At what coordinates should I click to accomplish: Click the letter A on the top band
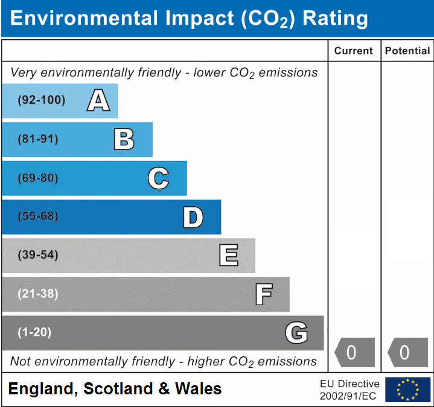[98, 101]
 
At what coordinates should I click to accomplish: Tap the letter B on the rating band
[124, 139]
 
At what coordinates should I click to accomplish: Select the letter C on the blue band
[158, 178]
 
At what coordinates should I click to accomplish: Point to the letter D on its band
[193, 217]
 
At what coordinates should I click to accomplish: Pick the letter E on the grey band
[228, 256]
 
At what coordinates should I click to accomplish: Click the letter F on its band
[263, 294]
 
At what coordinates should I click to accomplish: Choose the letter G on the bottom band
[296, 333]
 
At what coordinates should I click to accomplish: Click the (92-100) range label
[41, 101]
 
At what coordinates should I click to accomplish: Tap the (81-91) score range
[37, 139]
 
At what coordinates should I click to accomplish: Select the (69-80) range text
[37, 178]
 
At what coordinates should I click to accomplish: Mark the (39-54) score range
[37, 256]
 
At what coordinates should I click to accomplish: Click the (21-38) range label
[37, 294]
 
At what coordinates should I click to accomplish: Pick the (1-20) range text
[34, 333]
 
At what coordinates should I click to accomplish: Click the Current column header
[354, 51]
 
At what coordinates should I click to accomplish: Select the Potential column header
[407, 51]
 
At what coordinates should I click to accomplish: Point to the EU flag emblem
[407, 390]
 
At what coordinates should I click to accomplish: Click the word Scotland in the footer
[118, 389]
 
